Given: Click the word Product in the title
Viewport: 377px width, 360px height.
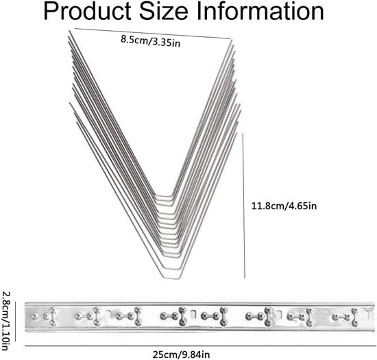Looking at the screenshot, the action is [x=87, y=11].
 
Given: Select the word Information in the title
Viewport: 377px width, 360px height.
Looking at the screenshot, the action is [x=260, y=11].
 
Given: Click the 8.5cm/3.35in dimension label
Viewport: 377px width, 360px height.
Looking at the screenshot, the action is [x=151, y=41].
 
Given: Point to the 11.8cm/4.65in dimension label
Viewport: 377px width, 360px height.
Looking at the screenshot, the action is [x=284, y=206].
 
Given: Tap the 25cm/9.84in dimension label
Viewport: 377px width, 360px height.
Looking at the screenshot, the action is [x=181, y=355].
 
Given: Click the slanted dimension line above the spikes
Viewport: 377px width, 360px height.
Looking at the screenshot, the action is [x=152, y=33].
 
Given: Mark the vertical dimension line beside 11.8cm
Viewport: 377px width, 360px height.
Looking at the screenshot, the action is [x=243, y=206].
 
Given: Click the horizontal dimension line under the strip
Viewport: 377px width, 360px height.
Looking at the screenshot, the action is [x=201, y=346].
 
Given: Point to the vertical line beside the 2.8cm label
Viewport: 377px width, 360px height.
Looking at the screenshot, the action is [x=15, y=321].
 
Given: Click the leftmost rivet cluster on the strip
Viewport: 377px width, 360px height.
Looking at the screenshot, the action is [x=45, y=317].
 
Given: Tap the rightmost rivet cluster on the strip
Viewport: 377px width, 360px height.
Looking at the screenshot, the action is [x=345, y=317].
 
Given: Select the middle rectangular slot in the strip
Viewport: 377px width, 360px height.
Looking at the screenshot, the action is [x=193, y=314].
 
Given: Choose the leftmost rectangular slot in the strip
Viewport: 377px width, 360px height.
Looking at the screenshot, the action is [x=108, y=313].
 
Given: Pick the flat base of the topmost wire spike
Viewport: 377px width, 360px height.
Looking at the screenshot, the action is [x=164, y=196].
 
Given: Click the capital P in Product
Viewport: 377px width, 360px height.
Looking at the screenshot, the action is [x=51, y=11].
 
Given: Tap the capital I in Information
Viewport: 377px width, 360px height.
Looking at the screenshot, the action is [x=199, y=11].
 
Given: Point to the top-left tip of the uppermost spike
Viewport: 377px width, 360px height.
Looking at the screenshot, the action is [x=69, y=31].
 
